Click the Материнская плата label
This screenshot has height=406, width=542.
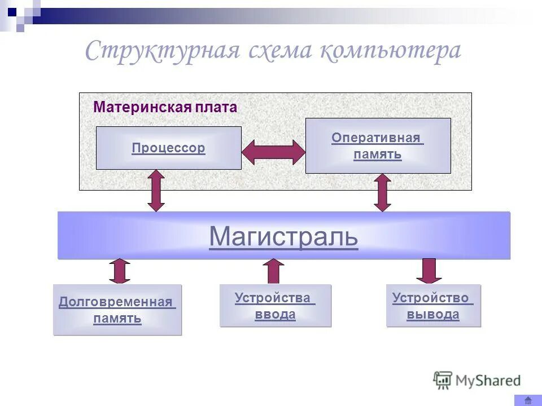click(165, 107)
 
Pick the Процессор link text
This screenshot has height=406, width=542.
click(168, 148)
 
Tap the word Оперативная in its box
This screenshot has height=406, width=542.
click(377, 138)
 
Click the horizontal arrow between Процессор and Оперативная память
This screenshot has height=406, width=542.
click(273, 152)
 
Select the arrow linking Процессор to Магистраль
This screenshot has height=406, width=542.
click(156, 191)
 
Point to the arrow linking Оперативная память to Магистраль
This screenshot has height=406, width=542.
click(382, 192)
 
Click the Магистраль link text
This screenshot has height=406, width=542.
click(283, 237)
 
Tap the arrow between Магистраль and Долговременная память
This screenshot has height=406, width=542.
click(120, 271)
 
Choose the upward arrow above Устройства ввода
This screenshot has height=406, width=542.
click(274, 271)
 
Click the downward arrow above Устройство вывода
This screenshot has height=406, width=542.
click(429, 271)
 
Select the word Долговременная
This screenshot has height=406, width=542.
click(116, 302)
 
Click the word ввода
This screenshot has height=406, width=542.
click(275, 315)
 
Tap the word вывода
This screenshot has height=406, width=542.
click(433, 315)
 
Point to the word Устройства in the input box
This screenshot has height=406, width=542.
click(273, 298)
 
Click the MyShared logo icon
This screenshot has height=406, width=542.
click(443, 380)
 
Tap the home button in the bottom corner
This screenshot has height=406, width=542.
click(528, 400)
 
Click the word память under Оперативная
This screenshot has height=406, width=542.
click(378, 154)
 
